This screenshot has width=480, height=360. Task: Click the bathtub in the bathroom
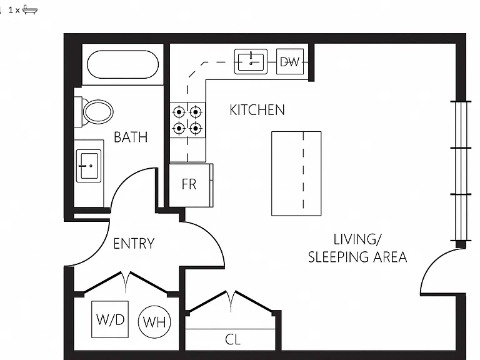pyautogui.click(x=122, y=64)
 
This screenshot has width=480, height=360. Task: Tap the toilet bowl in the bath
pyautogui.click(x=98, y=112)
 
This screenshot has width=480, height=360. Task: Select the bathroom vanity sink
pyautogui.click(x=89, y=166)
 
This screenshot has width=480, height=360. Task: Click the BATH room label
pyautogui.click(x=131, y=137)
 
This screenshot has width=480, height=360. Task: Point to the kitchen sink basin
pyautogui.click(x=251, y=61)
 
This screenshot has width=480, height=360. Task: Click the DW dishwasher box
pyautogui.click(x=290, y=61)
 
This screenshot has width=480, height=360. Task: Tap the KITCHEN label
pyautogui.click(x=257, y=110)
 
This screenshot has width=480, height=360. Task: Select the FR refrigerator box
pyautogui.click(x=191, y=185)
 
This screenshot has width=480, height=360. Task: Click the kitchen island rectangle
pyautogui.click(x=296, y=174)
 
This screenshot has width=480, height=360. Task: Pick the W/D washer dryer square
pyautogui.click(x=110, y=319)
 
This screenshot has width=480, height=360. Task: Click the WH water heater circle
pyautogui.click(x=154, y=322)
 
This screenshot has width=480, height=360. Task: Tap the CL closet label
pyautogui.click(x=232, y=339)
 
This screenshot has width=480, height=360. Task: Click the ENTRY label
pyautogui.click(x=134, y=244)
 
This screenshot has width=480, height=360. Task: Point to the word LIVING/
pyautogui.click(x=357, y=239)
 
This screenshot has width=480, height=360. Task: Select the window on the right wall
pyautogui.click(x=461, y=171)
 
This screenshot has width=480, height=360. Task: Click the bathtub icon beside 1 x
pyautogui.click(x=30, y=10)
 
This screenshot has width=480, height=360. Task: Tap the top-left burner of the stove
pyautogui.click(x=179, y=112)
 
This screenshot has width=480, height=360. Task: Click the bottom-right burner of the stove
pyautogui.click(x=195, y=128)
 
